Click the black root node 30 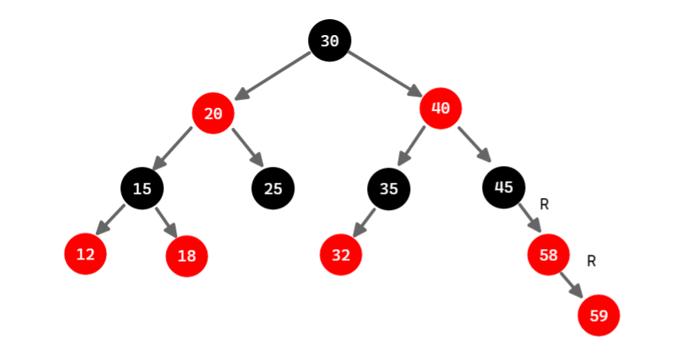(x=330, y=41)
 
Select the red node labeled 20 (x=212, y=113)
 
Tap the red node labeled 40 (x=440, y=108)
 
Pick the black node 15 (x=142, y=188)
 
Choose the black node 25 (x=273, y=188)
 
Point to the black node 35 (x=389, y=188)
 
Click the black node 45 (x=503, y=188)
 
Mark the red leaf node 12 (x=85, y=255)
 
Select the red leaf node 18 (x=187, y=255)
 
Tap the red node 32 (x=341, y=255)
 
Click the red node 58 (x=548, y=255)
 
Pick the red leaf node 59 (x=598, y=315)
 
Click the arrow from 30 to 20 (x=273, y=76)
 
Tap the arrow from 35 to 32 (x=364, y=221)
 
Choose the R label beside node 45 (x=544, y=204)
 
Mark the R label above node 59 (x=591, y=261)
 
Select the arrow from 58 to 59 (x=571, y=284)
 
